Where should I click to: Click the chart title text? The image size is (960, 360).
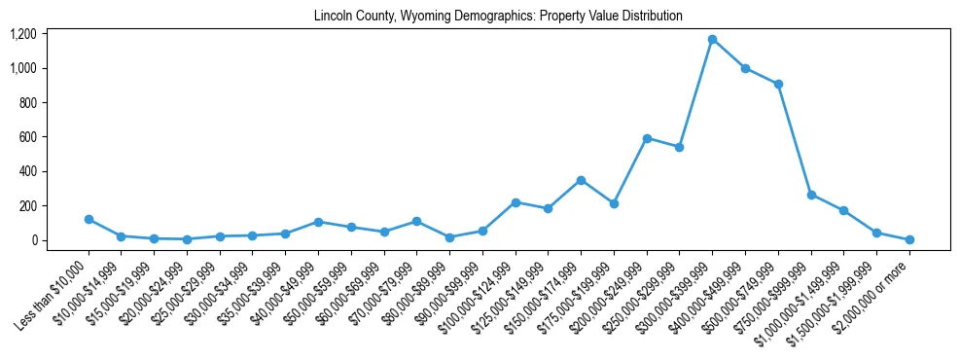point(498,16)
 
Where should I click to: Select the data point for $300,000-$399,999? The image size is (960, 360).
point(712,39)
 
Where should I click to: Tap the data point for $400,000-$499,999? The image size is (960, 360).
point(745,68)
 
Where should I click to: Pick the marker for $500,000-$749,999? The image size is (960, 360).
point(778,84)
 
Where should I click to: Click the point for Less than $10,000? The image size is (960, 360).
point(89,220)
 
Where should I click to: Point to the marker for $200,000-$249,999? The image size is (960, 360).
point(647,138)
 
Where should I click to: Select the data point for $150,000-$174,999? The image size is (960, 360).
point(581,180)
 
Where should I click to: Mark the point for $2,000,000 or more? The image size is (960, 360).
point(909,239)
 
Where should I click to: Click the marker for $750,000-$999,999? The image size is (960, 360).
point(811,195)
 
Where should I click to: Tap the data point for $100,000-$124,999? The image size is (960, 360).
point(516,202)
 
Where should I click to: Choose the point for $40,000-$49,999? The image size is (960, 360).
point(318,222)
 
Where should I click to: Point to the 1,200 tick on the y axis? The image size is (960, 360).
point(23,34)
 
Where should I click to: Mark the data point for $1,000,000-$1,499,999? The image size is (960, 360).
point(843,210)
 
